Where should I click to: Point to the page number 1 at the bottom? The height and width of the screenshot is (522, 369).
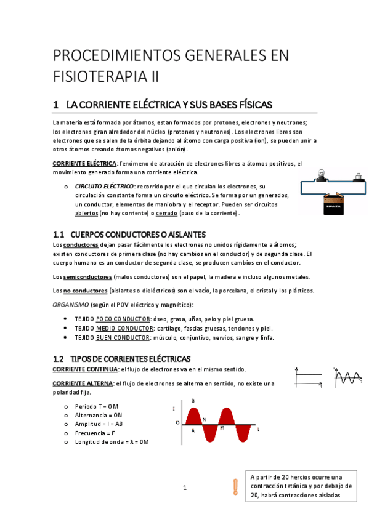(x=184, y=488)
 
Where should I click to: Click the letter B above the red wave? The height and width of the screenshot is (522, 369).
(x=193, y=401)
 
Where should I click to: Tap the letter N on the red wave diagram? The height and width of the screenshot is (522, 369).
(x=204, y=419)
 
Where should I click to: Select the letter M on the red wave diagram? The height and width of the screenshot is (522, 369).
(x=222, y=427)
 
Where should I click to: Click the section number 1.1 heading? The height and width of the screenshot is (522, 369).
(x=59, y=235)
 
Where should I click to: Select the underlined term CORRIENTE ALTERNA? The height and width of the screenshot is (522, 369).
(x=83, y=383)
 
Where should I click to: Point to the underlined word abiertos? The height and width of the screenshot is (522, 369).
(x=86, y=213)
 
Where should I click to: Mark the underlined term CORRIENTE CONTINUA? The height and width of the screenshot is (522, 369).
(x=85, y=369)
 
